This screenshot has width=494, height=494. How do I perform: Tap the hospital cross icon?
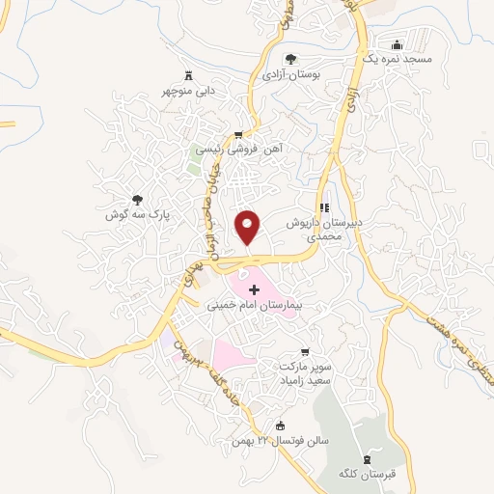(256, 289)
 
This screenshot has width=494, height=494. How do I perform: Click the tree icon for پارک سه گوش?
(137, 202)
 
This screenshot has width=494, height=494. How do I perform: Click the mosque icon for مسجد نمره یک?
(397, 44)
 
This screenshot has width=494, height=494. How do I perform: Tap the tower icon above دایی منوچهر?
(188, 74)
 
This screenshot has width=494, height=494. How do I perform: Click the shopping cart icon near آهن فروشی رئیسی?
(237, 135)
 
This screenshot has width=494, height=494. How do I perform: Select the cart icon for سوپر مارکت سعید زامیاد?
(306, 351)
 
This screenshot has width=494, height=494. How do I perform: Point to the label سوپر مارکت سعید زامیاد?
(305, 374)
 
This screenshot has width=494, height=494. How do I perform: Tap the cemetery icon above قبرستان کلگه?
(366, 458)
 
